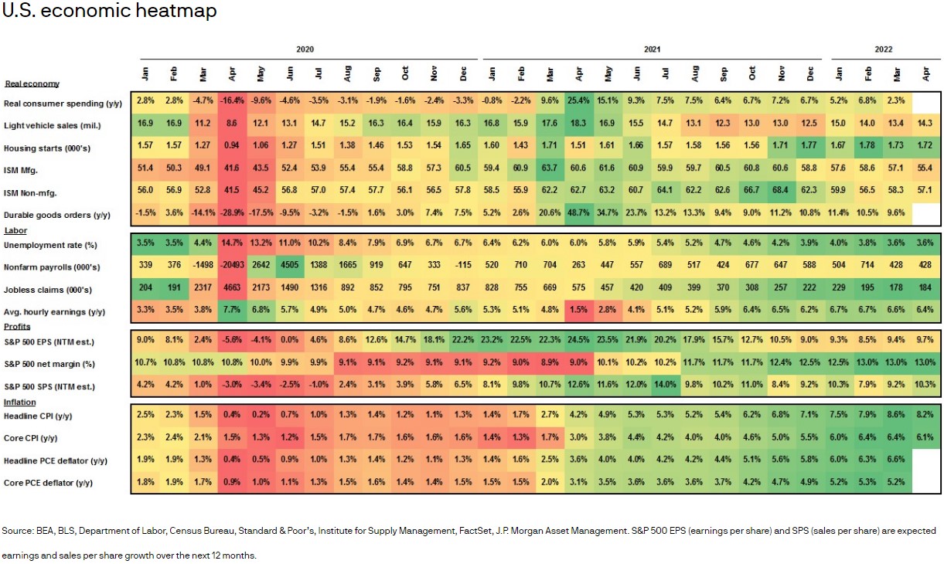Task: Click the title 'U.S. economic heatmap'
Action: [x=109, y=11]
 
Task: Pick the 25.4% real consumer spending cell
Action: [x=580, y=101]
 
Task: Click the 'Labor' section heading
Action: [x=15, y=230]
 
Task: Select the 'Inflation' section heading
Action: [x=19, y=402]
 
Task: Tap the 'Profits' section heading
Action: [x=17, y=327]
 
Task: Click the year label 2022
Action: [x=884, y=49]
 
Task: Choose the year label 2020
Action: [x=305, y=49]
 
